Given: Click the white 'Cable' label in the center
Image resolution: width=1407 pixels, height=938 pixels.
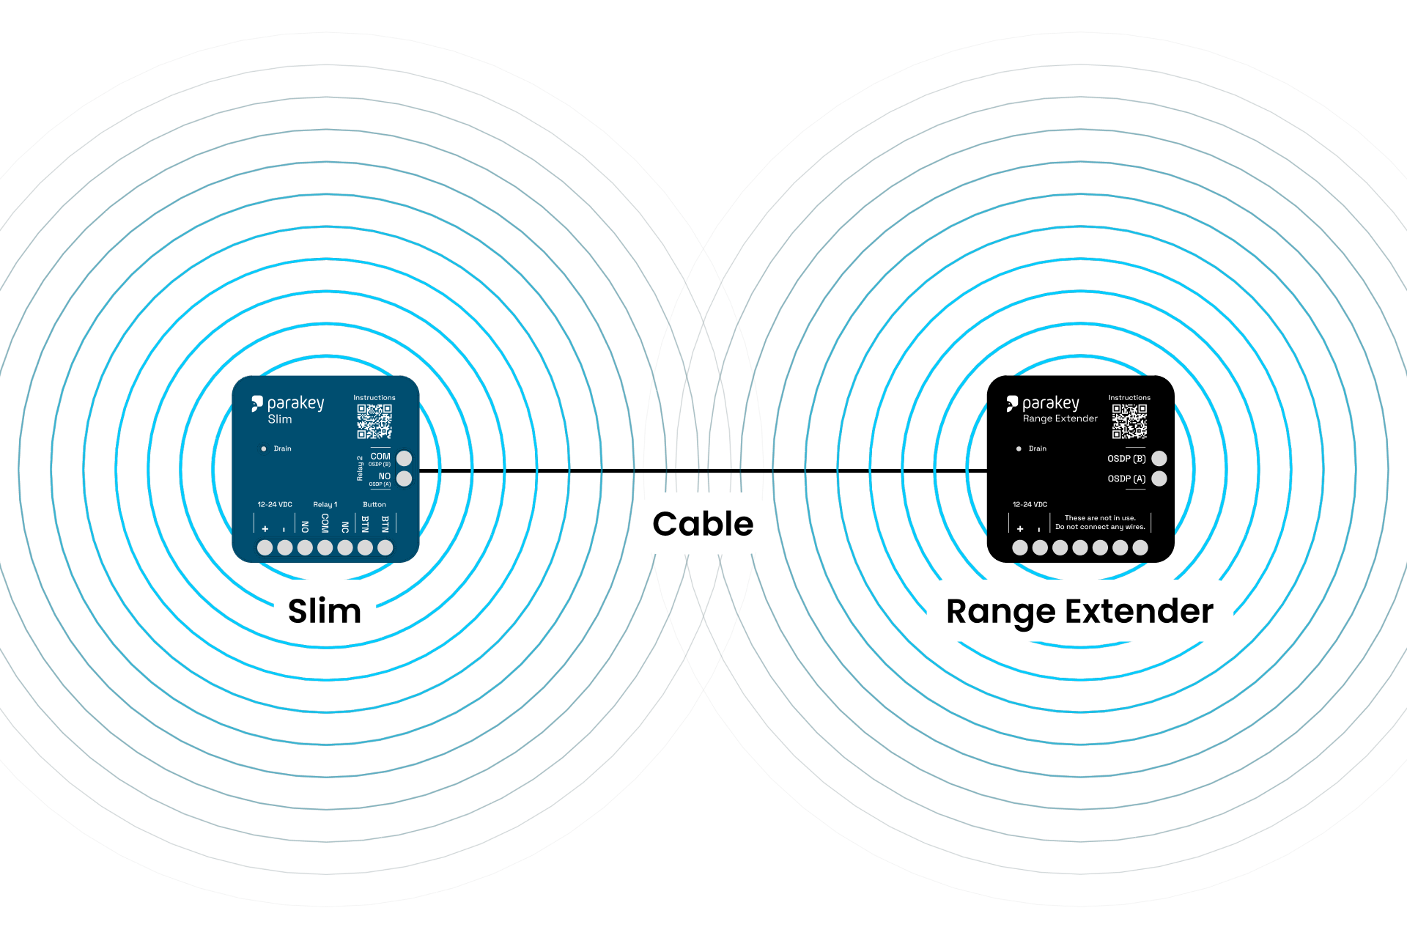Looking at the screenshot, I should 703,524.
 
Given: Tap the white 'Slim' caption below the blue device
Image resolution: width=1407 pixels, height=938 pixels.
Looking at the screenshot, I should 325,610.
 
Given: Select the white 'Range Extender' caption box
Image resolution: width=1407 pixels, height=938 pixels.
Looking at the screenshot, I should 1079,610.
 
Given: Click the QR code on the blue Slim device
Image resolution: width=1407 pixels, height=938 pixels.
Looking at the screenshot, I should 374,421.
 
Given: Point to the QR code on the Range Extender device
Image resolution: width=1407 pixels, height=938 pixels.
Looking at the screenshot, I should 1129,421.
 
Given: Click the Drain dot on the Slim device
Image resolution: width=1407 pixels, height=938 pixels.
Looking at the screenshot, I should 264,448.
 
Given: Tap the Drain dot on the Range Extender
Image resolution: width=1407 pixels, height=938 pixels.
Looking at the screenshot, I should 1019,448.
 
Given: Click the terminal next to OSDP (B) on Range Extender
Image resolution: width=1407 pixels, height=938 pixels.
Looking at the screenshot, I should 1159,459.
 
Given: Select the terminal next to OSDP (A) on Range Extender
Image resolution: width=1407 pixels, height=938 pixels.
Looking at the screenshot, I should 1159,479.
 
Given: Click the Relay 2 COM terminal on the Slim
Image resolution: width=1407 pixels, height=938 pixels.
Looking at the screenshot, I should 404,459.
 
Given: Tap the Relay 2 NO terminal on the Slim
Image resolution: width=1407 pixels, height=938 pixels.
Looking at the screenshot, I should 404,479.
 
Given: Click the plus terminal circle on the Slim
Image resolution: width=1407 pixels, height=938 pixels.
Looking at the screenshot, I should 265,547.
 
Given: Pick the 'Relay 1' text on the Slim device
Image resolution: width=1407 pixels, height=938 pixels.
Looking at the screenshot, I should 325,504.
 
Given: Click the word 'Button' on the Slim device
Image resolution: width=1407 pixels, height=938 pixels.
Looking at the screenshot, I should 374,504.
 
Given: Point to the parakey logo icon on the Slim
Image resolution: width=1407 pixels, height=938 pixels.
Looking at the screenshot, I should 256,403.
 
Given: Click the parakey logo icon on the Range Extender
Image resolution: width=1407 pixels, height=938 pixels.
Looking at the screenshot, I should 1012,403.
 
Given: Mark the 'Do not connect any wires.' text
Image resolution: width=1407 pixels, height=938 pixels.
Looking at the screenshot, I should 1100,527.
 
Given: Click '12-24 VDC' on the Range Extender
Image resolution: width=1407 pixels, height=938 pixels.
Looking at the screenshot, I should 1030,504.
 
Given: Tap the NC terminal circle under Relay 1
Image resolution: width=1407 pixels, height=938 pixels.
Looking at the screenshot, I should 345,547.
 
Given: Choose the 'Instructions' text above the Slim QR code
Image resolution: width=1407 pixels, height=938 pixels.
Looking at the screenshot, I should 374,398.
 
